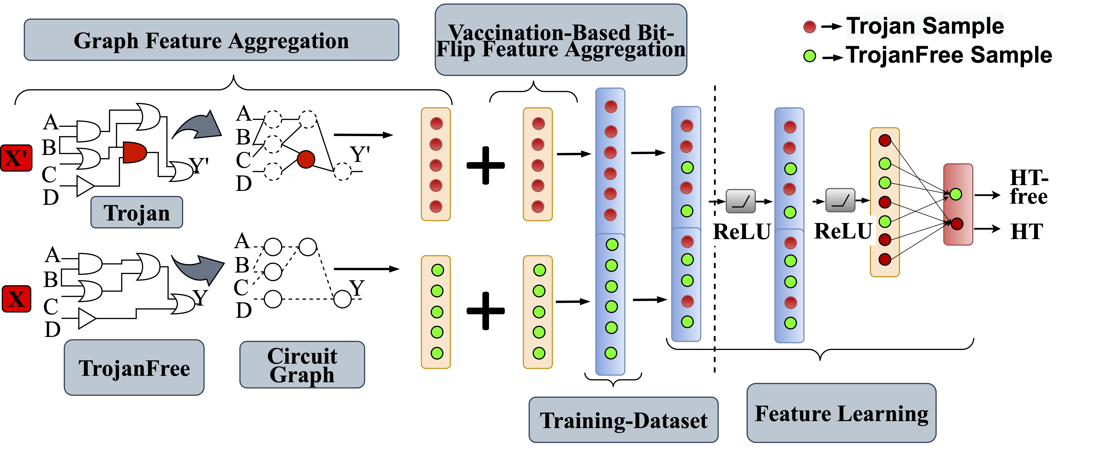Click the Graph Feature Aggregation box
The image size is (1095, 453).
coord(211,40)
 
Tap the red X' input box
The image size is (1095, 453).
coord(16,158)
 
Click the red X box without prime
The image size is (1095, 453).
coord(17,299)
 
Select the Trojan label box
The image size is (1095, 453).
coord(137,212)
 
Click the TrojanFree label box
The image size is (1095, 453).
coord(134,368)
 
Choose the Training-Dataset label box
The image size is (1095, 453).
coord(623,420)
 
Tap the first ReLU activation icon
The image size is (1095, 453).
coord(741,201)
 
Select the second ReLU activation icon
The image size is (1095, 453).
coord(840,200)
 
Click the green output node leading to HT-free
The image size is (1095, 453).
coord(956,194)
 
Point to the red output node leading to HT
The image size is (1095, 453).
coord(957,224)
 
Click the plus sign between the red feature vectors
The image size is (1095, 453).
coord(486,165)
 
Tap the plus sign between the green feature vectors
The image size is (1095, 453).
coord(486,311)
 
